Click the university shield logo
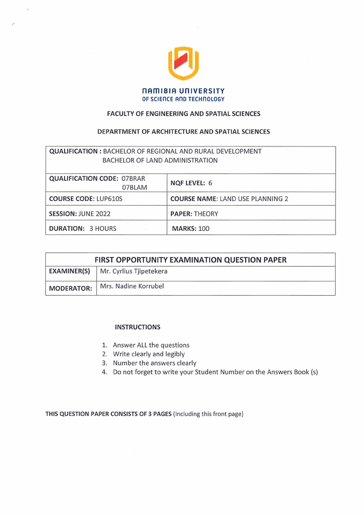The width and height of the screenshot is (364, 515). click(x=183, y=63)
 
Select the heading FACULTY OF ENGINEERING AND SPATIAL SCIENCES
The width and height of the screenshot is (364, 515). click(x=183, y=113)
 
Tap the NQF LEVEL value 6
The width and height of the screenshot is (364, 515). click(x=210, y=183)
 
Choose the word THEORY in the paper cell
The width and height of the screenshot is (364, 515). click(x=206, y=213)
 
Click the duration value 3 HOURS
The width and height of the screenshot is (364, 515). click(x=103, y=228)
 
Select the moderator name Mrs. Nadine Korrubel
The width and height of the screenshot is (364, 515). click(x=132, y=286)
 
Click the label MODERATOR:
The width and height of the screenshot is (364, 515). click(x=71, y=288)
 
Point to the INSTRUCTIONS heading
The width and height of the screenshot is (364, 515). click(x=138, y=327)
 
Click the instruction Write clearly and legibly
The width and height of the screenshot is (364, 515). click(x=149, y=354)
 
